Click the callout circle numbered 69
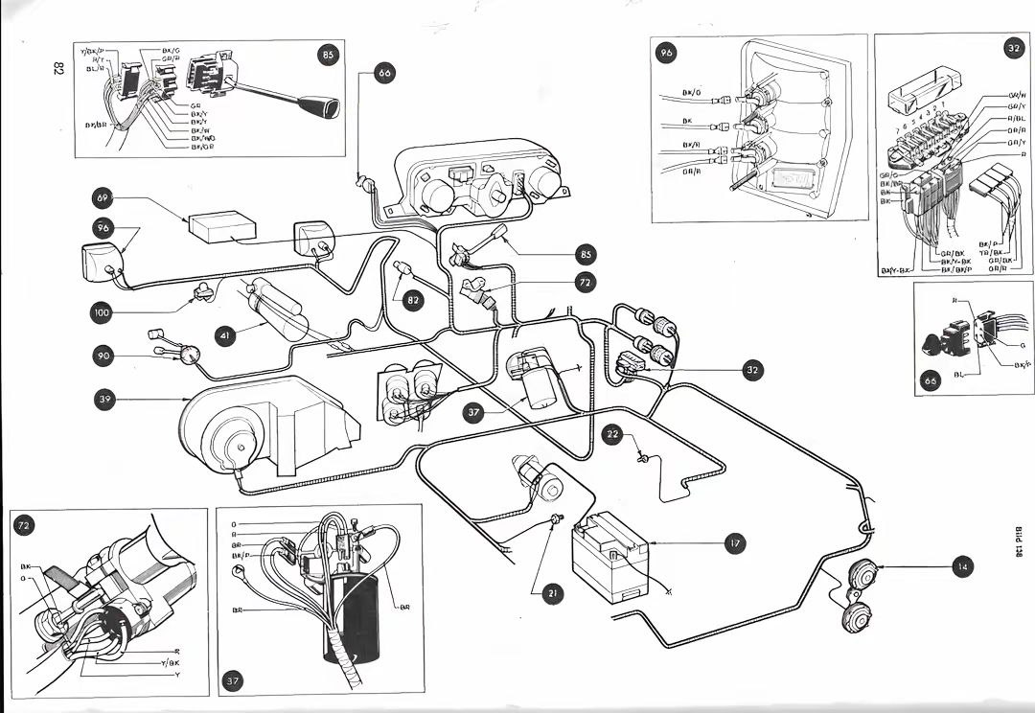tap(103, 198)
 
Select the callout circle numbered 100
tap(103, 311)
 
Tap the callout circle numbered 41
tap(225, 336)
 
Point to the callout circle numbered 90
tap(103, 356)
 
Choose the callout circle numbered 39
tap(103, 399)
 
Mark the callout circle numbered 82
tap(412, 300)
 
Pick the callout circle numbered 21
tap(553, 594)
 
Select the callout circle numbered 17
tap(734, 543)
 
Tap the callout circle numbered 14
tap(962, 567)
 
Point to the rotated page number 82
tap(57, 69)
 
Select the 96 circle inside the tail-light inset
tap(667, 54)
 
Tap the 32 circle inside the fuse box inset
tap(1013, 48)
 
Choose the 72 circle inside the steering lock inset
tap(22, 525)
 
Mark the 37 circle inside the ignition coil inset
tap(232, 681)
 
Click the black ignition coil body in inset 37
tap(353, 613)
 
